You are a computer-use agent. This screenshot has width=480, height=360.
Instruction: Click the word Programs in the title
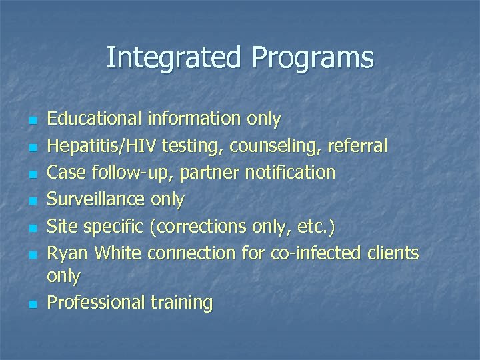(313, 58)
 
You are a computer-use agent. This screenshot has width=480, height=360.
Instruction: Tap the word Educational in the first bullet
(94, 119)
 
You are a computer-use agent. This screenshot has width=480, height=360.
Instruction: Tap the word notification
(290, 173)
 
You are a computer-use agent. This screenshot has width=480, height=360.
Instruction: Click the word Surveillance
(96, 199)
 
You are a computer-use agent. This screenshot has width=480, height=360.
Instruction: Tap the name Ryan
(69, 253)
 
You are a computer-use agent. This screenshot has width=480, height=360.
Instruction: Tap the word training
(181, 303)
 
